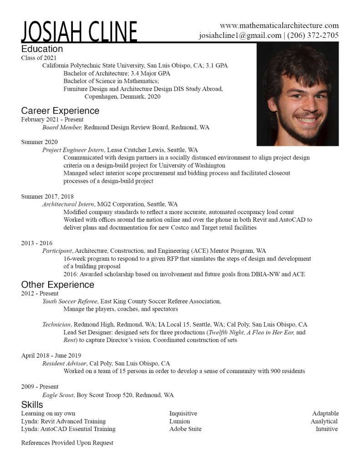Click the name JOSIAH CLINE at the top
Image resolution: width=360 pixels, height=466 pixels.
pos(79,32)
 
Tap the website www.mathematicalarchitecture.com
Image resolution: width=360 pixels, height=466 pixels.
pos(279,26)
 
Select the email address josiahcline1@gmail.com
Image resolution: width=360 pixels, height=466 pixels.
pos(240,36)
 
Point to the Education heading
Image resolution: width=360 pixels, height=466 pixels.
pos(42,49)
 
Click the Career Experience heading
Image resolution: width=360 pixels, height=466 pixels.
pos(60,111)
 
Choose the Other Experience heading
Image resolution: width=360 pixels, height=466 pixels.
pos(58,285)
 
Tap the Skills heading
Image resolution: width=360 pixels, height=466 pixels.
pos(32,405)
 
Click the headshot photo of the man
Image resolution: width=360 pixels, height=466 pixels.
pos(298,95)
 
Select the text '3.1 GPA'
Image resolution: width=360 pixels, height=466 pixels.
pos(216,66)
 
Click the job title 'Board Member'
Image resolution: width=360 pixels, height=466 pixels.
pos(62,128)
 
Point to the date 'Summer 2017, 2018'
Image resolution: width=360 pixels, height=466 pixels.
pos(47,196)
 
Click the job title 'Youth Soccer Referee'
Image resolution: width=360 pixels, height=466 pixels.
pos(70,302)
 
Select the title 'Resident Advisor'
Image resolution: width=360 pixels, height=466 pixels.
pos(64,364)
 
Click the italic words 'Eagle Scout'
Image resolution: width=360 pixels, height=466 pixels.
pos(58,395)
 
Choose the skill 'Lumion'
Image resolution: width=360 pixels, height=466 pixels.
pos(179,421)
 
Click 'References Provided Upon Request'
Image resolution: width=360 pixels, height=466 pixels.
pos(67,443)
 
